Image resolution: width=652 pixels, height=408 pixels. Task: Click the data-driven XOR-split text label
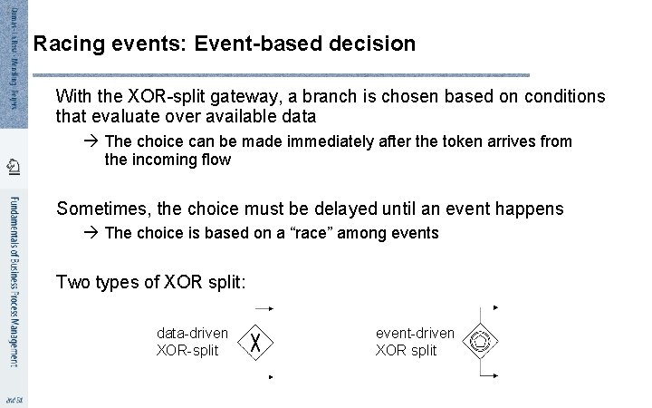click(191, 342)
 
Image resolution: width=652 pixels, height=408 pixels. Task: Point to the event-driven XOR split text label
click(415, 342)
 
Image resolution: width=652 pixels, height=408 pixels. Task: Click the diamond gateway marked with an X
click(256, 343)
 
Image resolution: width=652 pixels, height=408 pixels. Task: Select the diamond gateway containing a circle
click(479, 342)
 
